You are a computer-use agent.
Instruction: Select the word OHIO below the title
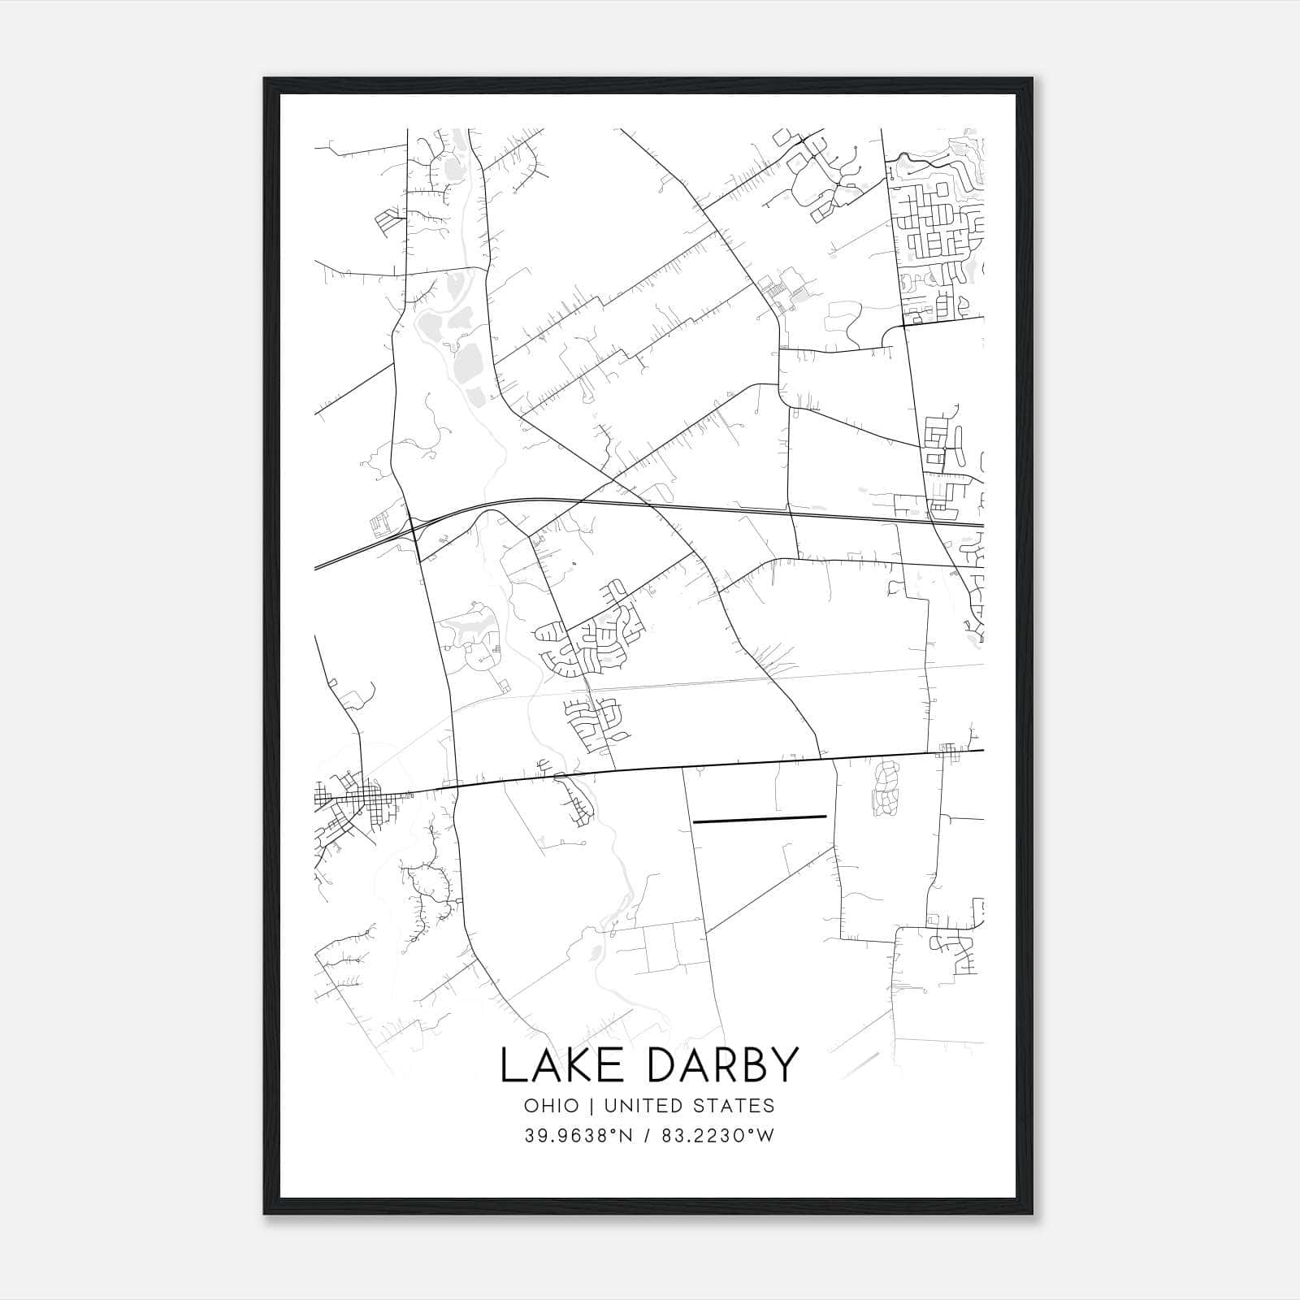tap(552, 1105)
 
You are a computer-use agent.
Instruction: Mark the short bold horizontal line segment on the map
tap(759, 819)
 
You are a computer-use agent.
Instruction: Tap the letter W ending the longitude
tap(765, 1136)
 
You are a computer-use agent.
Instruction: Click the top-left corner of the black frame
tap(266, 80)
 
